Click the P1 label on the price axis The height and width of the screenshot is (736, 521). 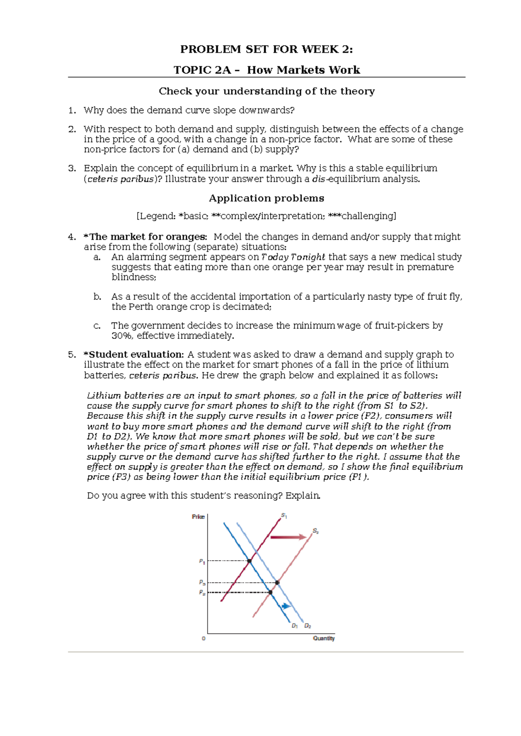202,562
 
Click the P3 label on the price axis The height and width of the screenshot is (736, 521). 202,583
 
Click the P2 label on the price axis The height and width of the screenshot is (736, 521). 202,593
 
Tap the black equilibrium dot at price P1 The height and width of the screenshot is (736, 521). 250,561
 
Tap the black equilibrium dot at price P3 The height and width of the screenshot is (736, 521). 277,583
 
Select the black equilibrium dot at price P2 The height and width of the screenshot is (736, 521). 270,592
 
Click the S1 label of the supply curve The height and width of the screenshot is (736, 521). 284,516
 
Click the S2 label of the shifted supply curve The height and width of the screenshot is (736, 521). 316,531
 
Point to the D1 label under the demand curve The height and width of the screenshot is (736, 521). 295,626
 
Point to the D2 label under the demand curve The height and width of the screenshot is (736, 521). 307,626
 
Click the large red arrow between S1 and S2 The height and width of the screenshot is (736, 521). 288,537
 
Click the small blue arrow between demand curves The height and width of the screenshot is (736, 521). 286,606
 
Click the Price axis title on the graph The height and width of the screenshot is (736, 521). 198,517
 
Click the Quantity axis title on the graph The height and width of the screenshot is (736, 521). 323,638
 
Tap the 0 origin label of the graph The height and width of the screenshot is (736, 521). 204,639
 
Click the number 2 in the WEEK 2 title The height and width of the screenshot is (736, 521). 346,49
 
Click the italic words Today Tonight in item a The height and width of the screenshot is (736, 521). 293,257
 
